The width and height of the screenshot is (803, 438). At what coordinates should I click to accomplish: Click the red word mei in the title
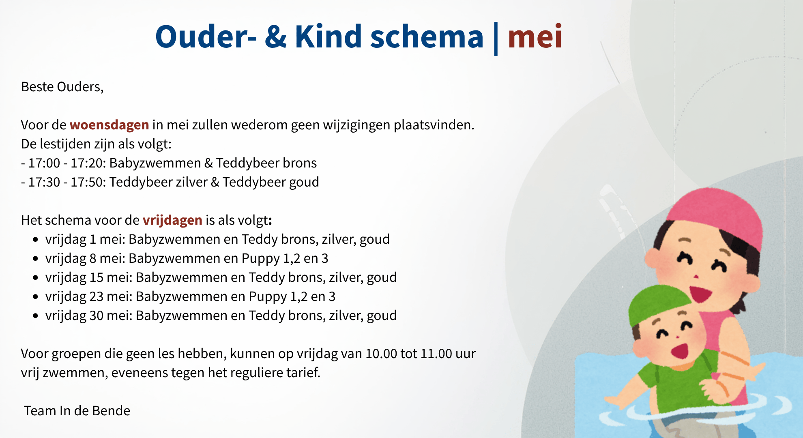pos(535,36)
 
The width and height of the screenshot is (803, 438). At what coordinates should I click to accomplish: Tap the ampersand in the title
pos(276,36)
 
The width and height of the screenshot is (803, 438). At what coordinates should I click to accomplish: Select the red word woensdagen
pos(109,125)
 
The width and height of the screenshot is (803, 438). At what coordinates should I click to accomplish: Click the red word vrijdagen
pos(172,220)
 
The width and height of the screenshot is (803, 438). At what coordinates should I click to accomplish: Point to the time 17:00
pos(44,163)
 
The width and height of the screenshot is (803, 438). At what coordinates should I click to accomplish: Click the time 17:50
pos(87,182)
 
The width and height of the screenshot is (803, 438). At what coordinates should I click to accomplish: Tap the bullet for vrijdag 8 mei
pos(36,259)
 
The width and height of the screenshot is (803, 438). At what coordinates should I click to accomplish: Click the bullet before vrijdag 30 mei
pos(36,316)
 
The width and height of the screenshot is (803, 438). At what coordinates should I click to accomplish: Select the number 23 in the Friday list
pos(97,296)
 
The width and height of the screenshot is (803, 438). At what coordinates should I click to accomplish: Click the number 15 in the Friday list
pos(97,277)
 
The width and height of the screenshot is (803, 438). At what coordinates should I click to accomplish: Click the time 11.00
pos(436,354)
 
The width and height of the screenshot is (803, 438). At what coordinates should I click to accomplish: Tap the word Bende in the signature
pos(111,411)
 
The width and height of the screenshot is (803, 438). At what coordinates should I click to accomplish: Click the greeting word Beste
pos(37,87)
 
